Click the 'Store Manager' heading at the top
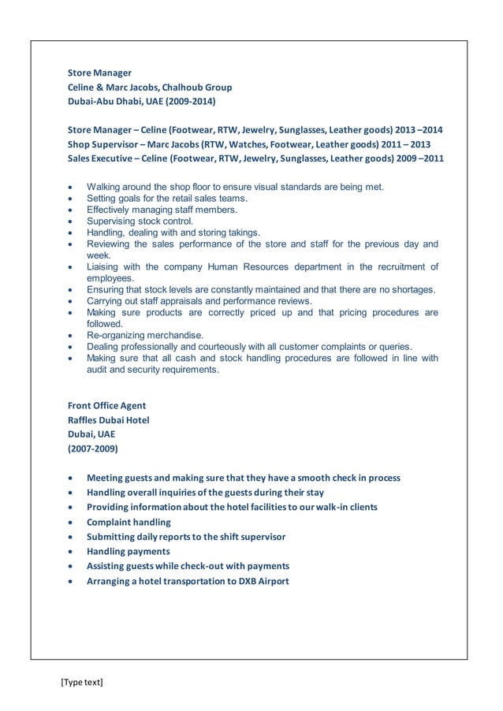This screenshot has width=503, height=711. click(x=99, y=73)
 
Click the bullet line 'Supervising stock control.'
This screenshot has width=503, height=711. click(x=140, y=221)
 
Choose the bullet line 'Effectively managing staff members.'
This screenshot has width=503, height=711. click(x=162, y=210)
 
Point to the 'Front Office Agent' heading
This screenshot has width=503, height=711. click(x=106, y=406)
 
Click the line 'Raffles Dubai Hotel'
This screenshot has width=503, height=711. click(x=108, y=420)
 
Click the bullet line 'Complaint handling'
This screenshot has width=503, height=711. click(x=129, y=522)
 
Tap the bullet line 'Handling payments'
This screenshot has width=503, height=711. click(x=128, y=552)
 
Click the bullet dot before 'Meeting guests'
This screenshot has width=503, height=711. click(x=73, y=478)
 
